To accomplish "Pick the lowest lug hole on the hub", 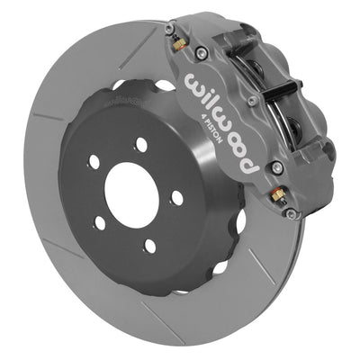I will (x=148, y=244).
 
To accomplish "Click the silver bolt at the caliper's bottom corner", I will (x=290, y=213).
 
